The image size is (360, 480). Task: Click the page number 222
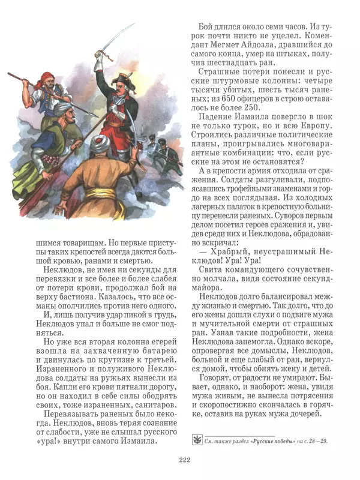tap(184, 460)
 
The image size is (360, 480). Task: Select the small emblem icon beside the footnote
tap(196, 440)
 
